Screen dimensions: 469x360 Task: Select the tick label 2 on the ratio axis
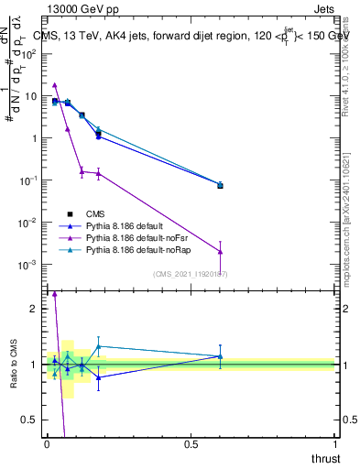tap(34, 309)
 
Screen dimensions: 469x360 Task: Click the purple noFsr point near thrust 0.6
tap(220, 252)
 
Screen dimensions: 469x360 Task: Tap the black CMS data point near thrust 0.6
tap(220, 185)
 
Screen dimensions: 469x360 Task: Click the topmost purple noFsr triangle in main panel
tap(55, 84)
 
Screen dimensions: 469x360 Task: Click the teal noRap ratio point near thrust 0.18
tap(98, 346)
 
